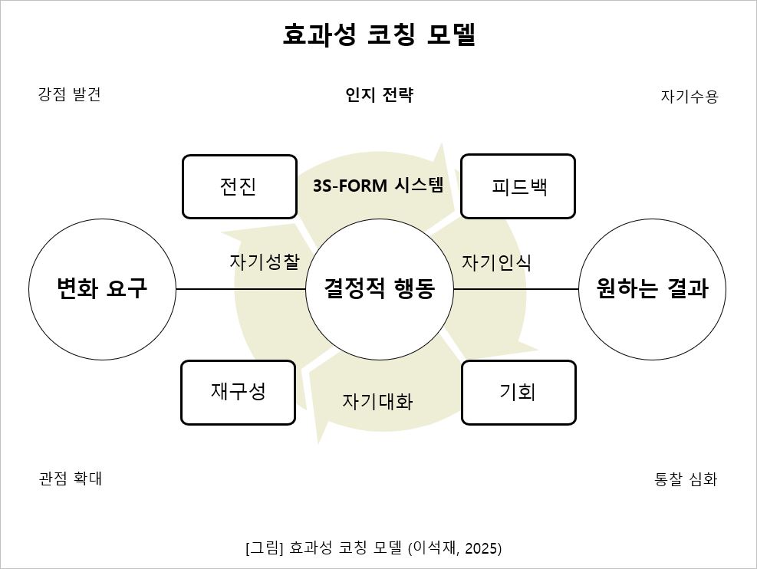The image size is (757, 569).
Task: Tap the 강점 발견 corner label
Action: coord(69,94)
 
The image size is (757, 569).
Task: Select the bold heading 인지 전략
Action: coord(379,95)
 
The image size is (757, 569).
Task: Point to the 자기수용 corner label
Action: coord(689,97)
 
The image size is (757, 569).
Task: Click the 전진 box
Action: coord(239,186)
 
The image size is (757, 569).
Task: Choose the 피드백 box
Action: coord(518,186)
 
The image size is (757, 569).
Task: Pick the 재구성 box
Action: coord(239,392)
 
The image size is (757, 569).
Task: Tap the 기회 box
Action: coord(518,392)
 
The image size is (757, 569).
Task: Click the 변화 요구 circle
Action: coord(102,289)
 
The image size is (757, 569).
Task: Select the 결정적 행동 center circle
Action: coord(379,289)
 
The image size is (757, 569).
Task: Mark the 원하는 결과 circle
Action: coord(652,289)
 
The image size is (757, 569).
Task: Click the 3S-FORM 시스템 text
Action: coord(378,186)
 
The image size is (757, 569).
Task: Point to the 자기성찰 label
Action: coord(264,261)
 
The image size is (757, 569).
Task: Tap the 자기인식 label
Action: coord(496,262)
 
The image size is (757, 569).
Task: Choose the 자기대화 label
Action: coord(377,401)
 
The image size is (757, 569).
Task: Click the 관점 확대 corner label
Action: coord(70,479)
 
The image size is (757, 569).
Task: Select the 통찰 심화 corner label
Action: coord(686,479)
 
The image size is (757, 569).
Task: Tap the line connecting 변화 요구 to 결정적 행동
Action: coord(241,289)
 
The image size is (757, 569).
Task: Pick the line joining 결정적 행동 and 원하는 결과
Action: coord(515,289)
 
